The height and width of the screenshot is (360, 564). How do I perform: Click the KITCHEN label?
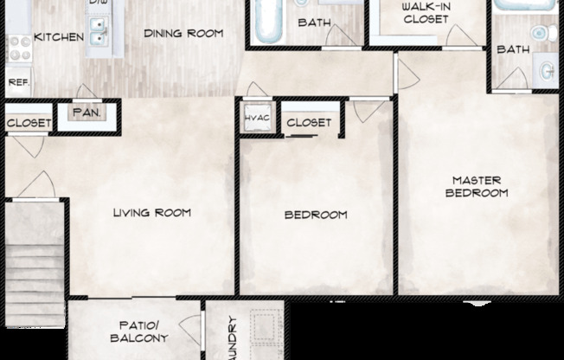[58, 37]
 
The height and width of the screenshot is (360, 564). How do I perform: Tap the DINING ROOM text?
[183, 34]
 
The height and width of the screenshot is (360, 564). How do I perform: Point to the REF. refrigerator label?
[17, 83]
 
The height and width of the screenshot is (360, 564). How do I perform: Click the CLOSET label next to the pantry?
[29, 123]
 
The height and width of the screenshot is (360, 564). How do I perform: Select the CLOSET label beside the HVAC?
[308, 123]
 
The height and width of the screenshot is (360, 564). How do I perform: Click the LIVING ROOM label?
[152, 212]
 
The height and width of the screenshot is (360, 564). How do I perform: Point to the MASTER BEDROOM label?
[476, 187]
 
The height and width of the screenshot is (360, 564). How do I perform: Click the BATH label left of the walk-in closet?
[313, 22]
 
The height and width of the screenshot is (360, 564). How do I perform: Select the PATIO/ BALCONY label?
[138, 331]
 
